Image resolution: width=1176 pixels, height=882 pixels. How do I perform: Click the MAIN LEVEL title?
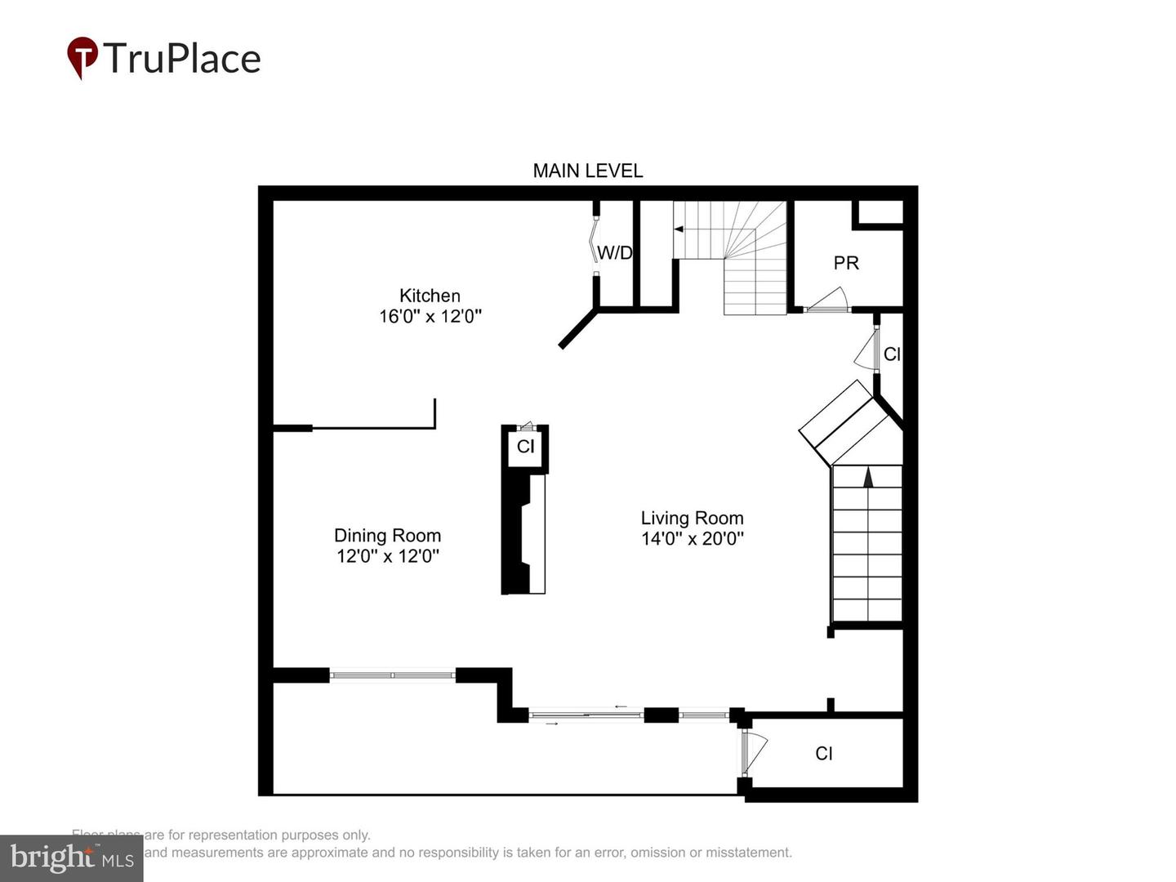(x=587, y=171)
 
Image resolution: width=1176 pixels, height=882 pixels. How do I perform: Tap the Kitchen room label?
(x=430, y=296)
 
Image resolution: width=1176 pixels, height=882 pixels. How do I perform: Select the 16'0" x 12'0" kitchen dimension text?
(x=430, y=316)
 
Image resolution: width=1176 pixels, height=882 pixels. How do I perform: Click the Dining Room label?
(x=387, y=536)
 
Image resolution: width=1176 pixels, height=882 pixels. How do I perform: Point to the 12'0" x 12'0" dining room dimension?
(x=388, y=556)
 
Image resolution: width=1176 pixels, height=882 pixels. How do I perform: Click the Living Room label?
(x=692, y=518)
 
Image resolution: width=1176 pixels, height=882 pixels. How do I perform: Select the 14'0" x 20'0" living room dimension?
(x=693, y=538)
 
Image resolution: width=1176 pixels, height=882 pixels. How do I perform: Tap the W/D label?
(x=615, y=252)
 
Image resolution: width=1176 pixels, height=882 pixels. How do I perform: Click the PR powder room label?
(x=846, y=263)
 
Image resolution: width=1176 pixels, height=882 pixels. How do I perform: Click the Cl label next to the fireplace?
(x=525, y=446)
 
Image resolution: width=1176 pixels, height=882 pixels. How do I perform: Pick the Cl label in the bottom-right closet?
(x=824, y=753)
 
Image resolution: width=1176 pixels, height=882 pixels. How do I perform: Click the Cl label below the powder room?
(x=892, y=354)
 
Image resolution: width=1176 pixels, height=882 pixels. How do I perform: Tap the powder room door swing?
(x=828, y=300)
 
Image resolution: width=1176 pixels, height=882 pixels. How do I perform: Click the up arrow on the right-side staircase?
(x=868, y=476)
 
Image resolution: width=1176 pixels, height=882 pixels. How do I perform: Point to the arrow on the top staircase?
(x=679, y=229)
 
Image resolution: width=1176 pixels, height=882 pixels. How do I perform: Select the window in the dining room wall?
(x=393, y=675)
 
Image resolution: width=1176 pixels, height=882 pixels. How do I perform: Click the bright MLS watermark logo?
(x=72, y=857)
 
